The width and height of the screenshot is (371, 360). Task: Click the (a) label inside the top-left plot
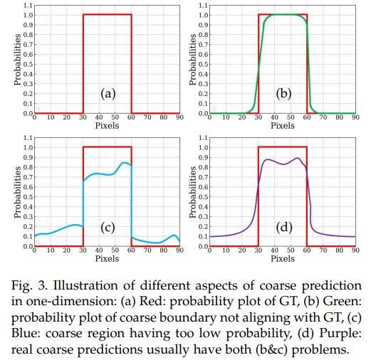[x=108, y=94]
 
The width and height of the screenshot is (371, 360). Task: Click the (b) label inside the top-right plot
[x=282, y=94]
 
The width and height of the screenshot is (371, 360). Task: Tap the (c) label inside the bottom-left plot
[x=108, y=228]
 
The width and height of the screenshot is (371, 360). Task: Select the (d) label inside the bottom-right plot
[x=282, y=228]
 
